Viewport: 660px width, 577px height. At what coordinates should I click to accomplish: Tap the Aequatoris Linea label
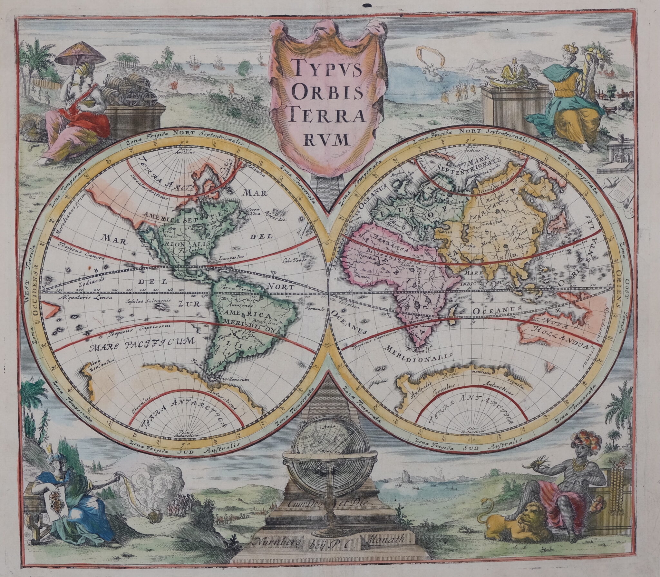[86, 297]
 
